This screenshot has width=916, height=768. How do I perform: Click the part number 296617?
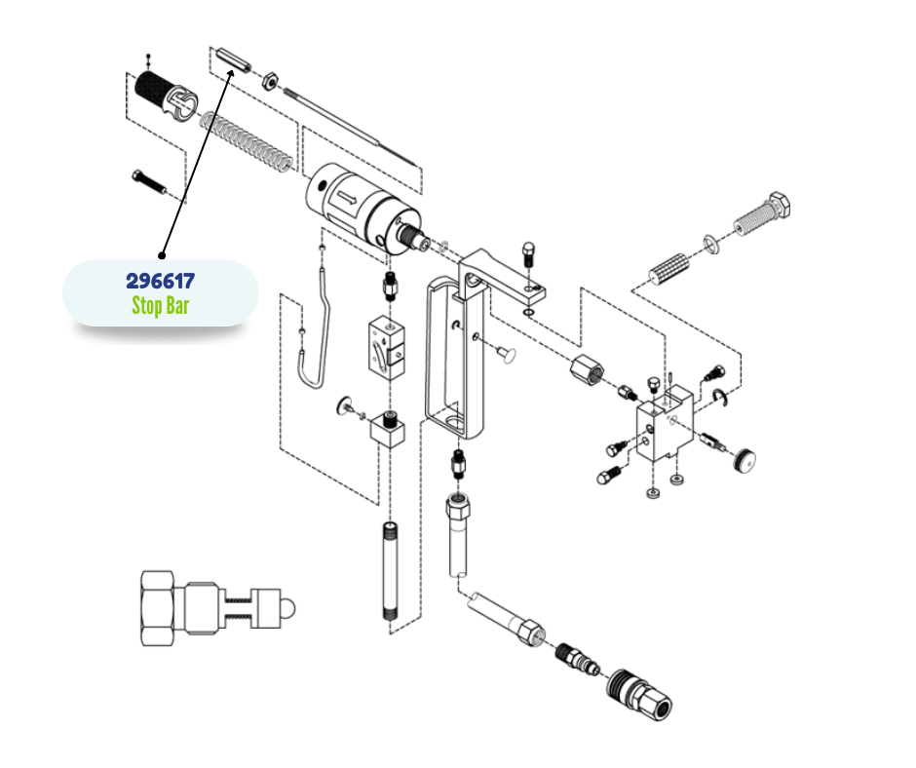pos(161,281)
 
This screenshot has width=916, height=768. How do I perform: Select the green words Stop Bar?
pos(161,306)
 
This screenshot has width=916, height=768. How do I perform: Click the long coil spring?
pos(246,143)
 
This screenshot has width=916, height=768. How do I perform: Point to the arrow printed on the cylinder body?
pos(346,199)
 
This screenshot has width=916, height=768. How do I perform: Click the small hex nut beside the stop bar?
pos(269,81)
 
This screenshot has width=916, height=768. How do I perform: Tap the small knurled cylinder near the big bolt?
pos(669,269)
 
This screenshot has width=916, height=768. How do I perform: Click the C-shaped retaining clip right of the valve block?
pos(720,398)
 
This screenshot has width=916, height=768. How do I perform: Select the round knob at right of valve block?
pos(744,459)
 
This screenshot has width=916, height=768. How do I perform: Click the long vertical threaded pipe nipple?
pos(390,571)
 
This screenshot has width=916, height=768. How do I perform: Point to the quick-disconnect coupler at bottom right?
pos(640,694)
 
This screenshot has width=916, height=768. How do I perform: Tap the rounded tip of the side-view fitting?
pos(288,609)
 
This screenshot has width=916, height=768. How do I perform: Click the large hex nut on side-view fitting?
pos(158,608)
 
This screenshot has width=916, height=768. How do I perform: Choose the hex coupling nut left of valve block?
pos(587,370)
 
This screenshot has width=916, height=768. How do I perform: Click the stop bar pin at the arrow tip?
pos(233,60)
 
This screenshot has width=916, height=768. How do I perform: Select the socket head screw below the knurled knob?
pos(149,182)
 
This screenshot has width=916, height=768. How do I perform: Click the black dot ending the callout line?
pos(162,255)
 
